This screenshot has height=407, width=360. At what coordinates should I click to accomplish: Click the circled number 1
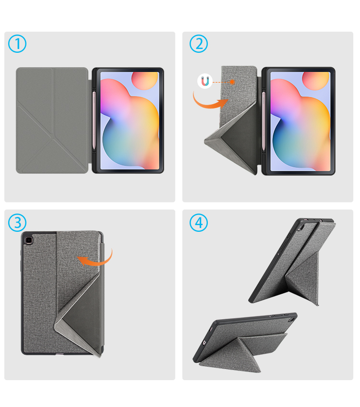tap(17, 44)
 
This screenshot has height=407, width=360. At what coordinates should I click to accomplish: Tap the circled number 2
tap(199, 44)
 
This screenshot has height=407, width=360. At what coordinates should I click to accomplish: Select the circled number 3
tap(17, 223)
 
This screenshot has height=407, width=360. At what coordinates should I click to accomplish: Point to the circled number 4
tap(199, 223)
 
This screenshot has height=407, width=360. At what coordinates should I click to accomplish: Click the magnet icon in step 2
tap(205, 81)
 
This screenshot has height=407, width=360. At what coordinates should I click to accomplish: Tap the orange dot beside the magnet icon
tap(232, 82)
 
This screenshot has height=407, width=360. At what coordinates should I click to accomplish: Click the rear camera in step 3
tap(28, 240)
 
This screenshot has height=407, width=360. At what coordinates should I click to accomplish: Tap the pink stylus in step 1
tap(94, 120)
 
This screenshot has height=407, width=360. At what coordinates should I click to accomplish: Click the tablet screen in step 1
tap(129, 120)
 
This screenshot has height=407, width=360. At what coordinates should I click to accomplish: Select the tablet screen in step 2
tap(300, 121)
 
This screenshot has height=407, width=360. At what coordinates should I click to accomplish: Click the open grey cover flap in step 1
tap(53, 120)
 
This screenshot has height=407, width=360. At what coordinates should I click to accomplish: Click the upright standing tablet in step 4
tap(292, 262)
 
